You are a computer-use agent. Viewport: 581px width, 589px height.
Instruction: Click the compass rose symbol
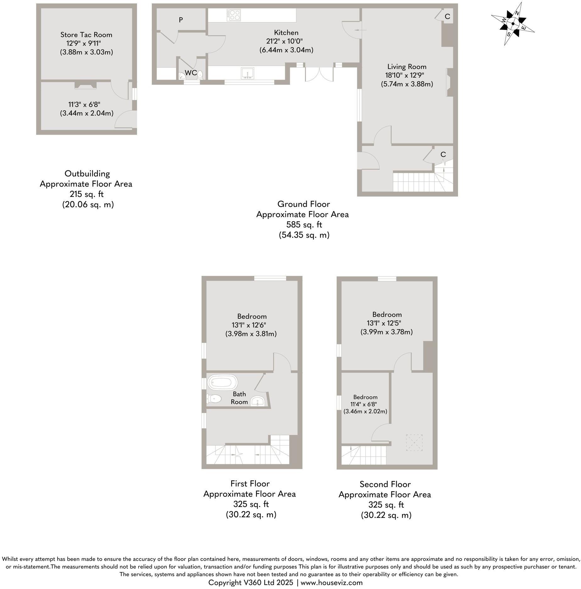click(x=513, y=24)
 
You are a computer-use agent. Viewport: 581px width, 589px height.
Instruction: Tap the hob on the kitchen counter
click(x=234, y=15)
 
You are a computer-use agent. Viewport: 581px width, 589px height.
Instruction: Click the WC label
click(x=191, y=73)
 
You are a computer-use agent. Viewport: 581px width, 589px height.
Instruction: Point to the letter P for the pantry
click(x=181, y=20)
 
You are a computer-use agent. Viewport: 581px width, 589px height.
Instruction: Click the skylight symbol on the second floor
click(x=414, y=443)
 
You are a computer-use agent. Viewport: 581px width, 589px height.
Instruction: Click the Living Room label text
click(x=407, y=67)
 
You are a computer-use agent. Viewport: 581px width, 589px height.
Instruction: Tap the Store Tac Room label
click(x=86, y=35)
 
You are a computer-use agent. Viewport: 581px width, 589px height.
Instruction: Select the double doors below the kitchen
click(x=319, y=75)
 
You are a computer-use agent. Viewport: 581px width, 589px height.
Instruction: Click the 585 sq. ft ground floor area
click(x=304, y=225)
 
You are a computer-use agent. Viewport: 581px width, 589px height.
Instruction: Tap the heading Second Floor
click(x=385, y=484)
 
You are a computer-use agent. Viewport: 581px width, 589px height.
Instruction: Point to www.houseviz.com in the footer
click(x=332, y=583)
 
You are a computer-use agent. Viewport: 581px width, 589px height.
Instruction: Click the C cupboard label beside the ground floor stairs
click(x=443, y=154)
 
